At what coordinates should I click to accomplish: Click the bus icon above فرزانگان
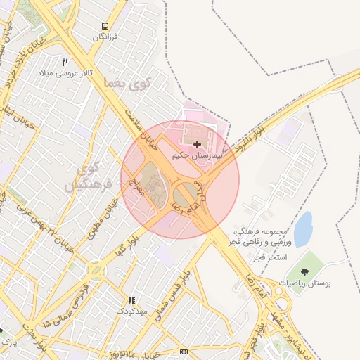pyautogui.click(x=105, y=25)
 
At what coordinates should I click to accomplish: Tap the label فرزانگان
pyautogui.click(x=106, y=35)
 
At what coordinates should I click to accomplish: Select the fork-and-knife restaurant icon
pyautogui.click(x=65, y=63)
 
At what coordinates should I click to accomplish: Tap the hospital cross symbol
pyautogui.click(x=197, y=144)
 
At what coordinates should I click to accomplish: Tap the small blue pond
pyautogui.click(x=303, y=229)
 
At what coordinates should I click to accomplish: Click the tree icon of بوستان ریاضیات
pyautogui.click(x=304, y=272)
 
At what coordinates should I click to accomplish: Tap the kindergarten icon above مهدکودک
pyautogui.click(x=129, y=300)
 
